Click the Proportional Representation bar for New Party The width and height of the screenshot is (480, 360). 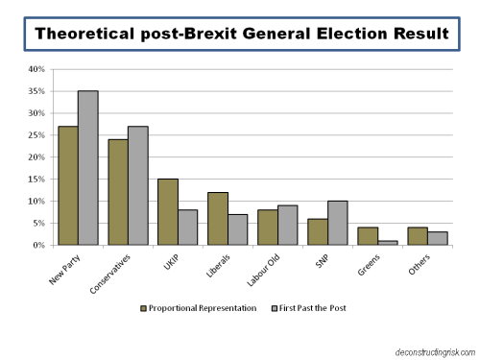[x=67, y=185]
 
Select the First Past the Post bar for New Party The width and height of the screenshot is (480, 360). [x=87, y=168]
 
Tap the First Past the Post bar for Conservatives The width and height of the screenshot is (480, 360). [x=137, y=185]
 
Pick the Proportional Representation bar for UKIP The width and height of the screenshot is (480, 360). [x=167, y=212]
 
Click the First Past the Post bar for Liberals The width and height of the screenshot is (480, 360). [x=237, y=229]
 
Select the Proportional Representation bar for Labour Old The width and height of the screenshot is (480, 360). [x=267, y=228]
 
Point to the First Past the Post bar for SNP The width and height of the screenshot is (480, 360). [x=337, y=223]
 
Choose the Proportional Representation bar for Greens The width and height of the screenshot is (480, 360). [x=367, y=236]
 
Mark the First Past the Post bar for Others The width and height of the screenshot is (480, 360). [x=437, y=238]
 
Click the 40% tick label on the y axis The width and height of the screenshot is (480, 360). [x=36, y=69]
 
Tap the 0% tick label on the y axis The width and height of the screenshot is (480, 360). [x=38, y=245]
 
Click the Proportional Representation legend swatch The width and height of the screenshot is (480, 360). [x=144, y=308]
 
